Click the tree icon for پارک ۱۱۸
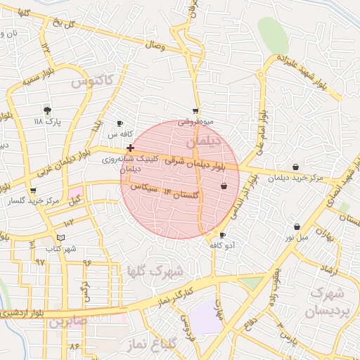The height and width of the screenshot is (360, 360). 47,110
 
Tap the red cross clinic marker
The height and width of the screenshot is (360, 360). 130,148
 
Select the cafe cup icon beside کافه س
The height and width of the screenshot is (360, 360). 120,123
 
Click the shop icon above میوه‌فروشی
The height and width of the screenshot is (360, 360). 195,111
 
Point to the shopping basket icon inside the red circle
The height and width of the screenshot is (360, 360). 224,186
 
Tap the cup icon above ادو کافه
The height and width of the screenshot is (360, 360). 223,235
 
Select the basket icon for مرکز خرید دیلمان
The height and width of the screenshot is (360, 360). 295,167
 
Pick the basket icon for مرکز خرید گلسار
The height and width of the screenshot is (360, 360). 32,191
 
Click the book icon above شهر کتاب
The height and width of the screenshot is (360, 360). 60,238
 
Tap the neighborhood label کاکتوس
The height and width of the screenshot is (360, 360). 92,82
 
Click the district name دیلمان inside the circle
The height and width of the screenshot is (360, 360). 203,141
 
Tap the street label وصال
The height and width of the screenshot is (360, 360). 155,46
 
